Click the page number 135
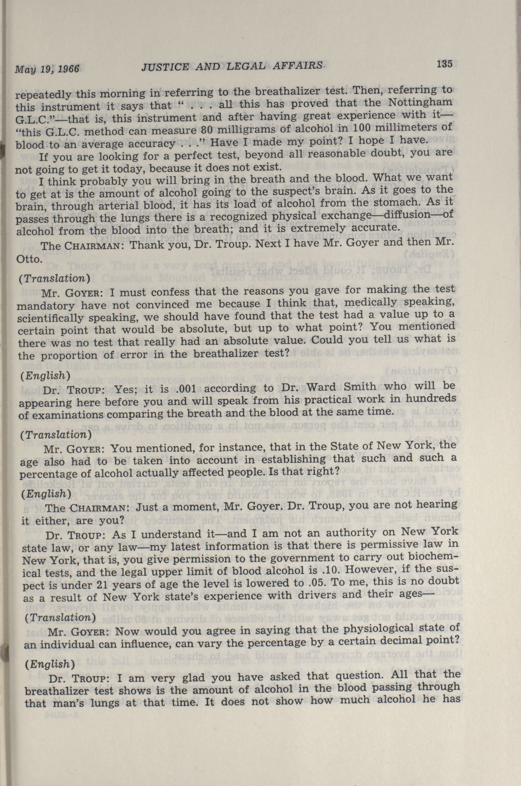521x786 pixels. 445,64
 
